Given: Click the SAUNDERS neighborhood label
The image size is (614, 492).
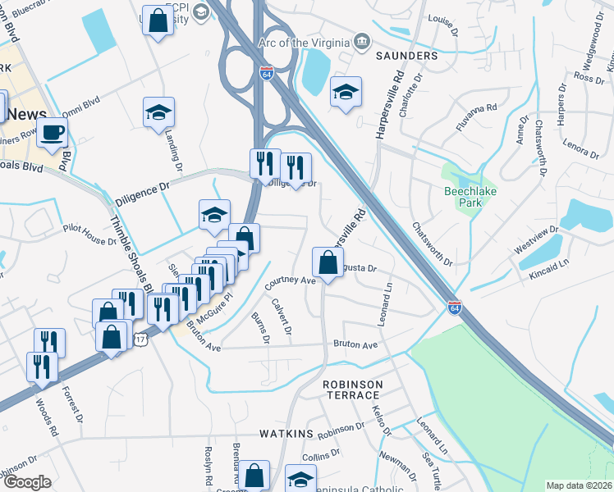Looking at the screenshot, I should pyautogui.click(x=408, y=55).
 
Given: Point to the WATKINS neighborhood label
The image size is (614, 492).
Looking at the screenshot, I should pyautogui.click(x=286, y=432).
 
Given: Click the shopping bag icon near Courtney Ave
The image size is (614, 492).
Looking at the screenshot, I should pyautogui.click(x=328, y=263).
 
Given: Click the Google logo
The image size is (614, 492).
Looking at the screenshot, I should pyautogui.click(x=27, y=481).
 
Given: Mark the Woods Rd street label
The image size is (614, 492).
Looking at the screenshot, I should pyautogui.click(x=47, y=418).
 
